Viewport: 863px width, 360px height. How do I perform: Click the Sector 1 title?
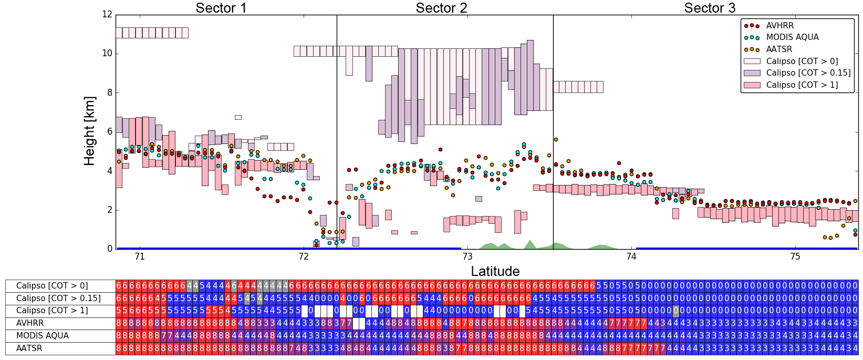click(x=221, y=8)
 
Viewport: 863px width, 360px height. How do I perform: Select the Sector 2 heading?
click(x=441, y=8)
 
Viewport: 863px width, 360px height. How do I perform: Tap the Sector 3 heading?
click(x=710, y=8)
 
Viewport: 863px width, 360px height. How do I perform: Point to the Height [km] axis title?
click(x=90, y=131)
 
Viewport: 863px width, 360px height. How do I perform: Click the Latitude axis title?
click(x=495, y=271)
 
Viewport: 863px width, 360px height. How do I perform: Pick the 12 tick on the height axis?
click(x=107, y=15)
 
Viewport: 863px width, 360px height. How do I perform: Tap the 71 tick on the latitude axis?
click(x=140, y=256)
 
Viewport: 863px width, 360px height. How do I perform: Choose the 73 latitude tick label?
click(x=467, y=256)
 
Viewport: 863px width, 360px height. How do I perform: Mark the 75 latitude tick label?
click(x=795, y=256)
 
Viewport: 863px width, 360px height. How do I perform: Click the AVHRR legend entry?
click(x=779, y=26)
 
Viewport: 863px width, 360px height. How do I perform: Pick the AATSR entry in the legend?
click(x=779, y=49)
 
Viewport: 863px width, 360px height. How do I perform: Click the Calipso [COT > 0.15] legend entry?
click(x=808, y=73)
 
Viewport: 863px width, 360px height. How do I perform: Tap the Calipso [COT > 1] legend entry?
click(x=802, y=85)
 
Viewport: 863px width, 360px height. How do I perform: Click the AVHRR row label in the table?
click(x=30, y=323)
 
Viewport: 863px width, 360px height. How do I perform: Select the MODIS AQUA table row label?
click(x=43, y=336)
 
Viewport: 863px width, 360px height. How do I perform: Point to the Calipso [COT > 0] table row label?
click(x=52, y=286)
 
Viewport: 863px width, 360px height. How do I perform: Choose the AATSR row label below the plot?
click(x=29, y=348)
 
